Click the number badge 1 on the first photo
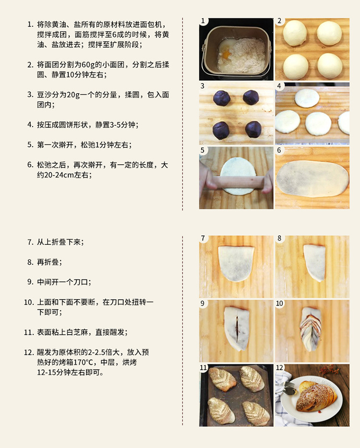click(203, 21)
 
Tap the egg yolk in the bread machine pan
click(226, 54)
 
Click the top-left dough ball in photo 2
click(295, 33)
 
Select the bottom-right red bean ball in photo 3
click(253, 130)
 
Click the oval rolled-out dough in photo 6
click(312, 179)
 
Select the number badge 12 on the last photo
click(279, 367)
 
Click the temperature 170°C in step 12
click(84, 362)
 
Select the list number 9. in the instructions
click(31, 282)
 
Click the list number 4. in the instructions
click(31, 125)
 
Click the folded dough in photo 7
click(236, 263)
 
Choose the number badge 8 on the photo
click(279, 238)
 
